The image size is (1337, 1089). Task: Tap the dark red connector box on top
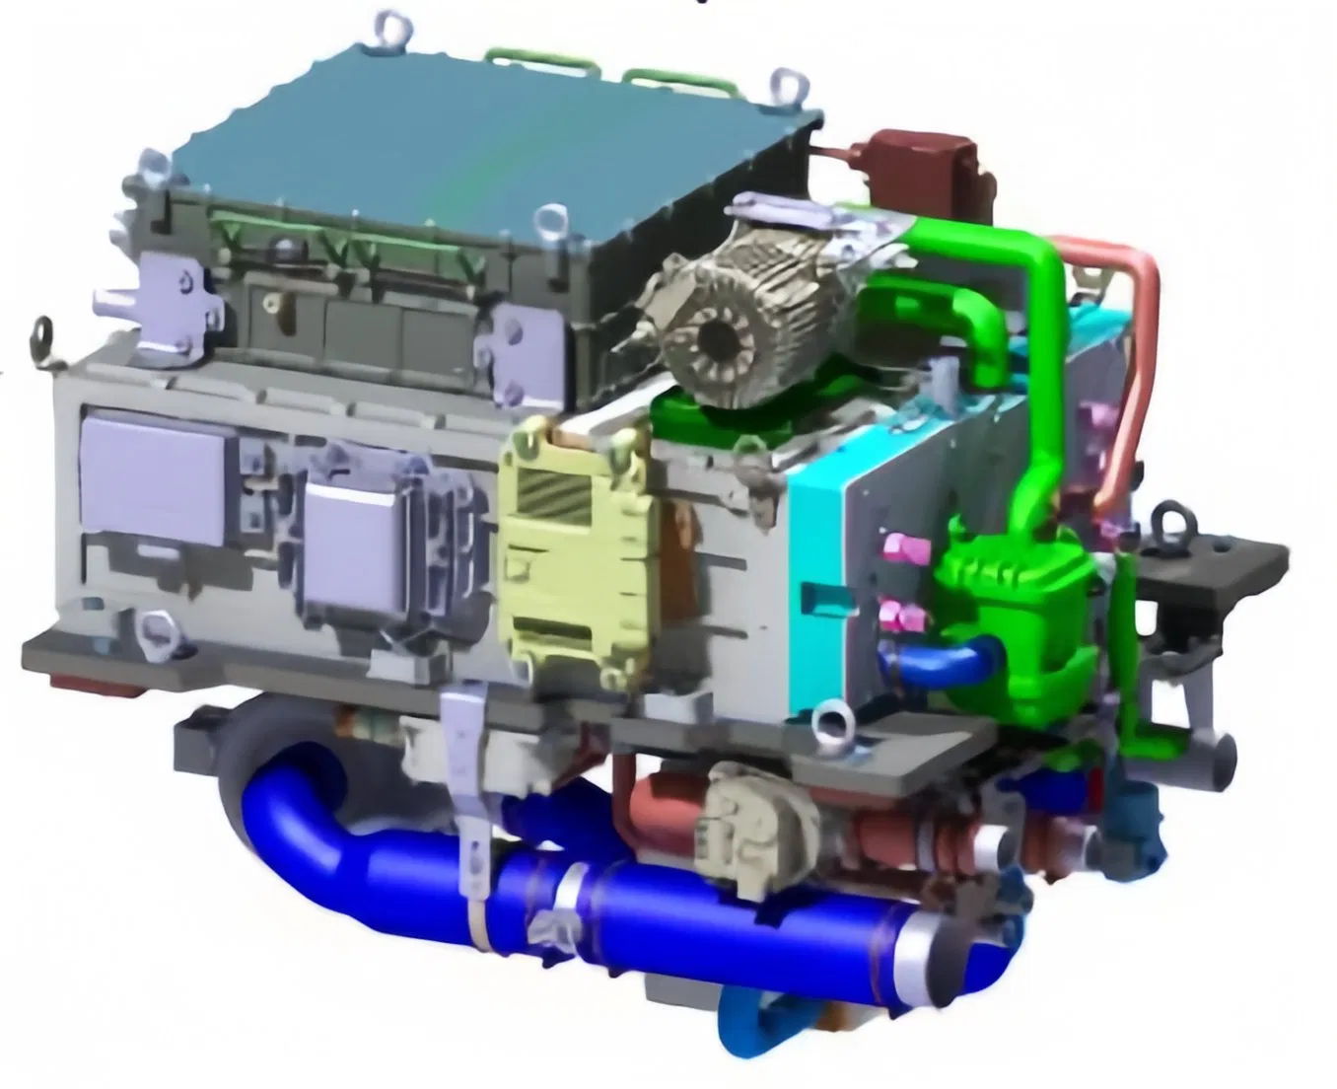tap(921, 163)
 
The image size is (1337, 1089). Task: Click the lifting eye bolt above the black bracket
tap(1169, 519)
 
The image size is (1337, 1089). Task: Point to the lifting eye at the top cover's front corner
tap(552, 219)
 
